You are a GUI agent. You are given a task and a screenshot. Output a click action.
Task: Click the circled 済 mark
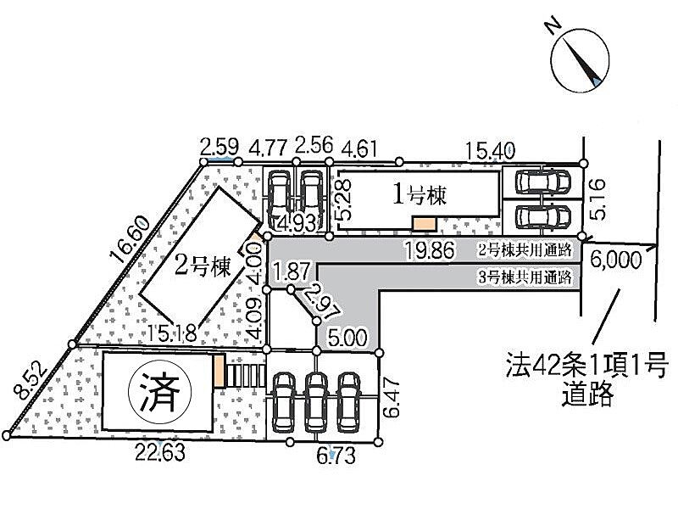tap(159, 392)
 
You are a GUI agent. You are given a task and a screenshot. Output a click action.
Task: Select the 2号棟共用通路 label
tap(525, 250)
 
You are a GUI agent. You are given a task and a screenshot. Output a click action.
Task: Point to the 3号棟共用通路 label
tap(525, 277)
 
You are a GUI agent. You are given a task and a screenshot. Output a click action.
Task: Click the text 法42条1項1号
tap(584, 367)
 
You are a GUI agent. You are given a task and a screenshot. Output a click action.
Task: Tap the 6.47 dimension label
tap(392, 397)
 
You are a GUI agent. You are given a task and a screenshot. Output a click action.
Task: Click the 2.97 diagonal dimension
tap(314, 301)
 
